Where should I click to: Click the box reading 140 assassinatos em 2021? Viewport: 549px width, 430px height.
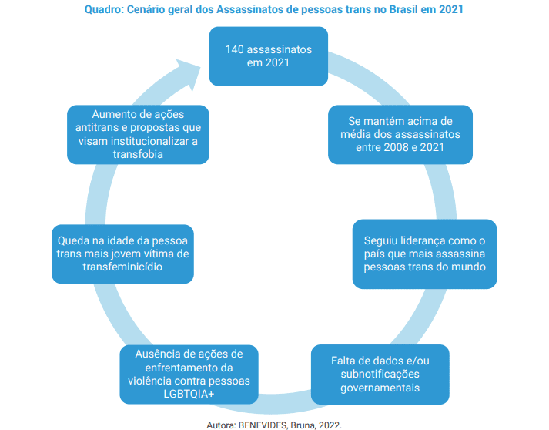[x=269, y=56]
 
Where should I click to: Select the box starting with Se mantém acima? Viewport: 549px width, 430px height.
[x=400, y=135]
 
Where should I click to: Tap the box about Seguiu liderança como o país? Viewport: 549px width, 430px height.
[x=425, y=254]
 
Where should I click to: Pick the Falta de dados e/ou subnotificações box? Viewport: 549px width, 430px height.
[x=380, y=375]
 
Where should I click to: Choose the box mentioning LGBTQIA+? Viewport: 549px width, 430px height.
[x=189, y=375]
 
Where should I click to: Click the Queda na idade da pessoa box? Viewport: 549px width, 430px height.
[x=122, y=254]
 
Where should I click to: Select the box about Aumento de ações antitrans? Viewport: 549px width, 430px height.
[x=138, y=135]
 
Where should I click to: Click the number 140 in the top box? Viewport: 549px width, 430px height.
[x=234, y=49]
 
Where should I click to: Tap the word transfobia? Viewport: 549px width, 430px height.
[x=138, y=154]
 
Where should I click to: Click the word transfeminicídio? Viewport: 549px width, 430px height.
[x=122, y=267]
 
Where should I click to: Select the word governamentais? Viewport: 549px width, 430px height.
[x=380, y=388]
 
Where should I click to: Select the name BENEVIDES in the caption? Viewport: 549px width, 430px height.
[x=263, y=425]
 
